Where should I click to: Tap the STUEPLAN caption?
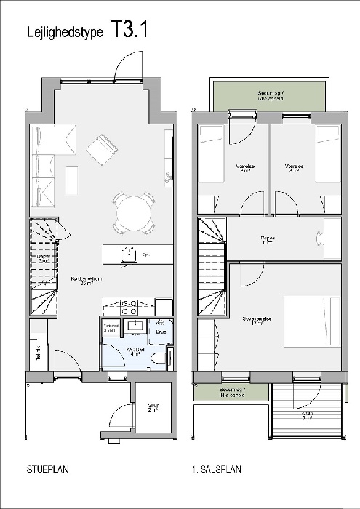click(x=47, y=470)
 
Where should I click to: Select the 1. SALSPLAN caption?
click(x=216, y=470)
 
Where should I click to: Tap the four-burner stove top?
click(x=129, y=306)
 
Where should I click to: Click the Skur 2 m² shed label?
click(x=153, y=408)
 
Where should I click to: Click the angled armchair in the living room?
click(x=102, y=148)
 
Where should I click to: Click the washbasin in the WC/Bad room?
click(x=133, y=326)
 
